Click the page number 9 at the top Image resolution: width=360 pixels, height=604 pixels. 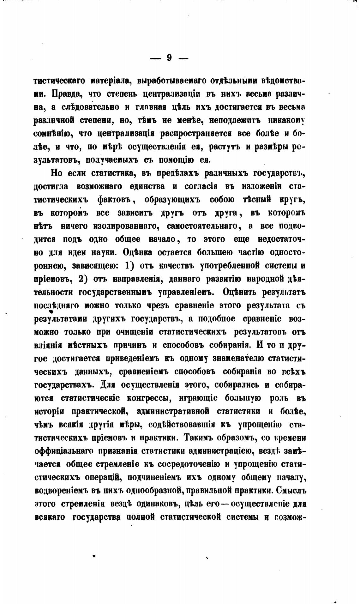(x=169, y=58)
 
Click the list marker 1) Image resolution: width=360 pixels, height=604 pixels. (x=130, y=266)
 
